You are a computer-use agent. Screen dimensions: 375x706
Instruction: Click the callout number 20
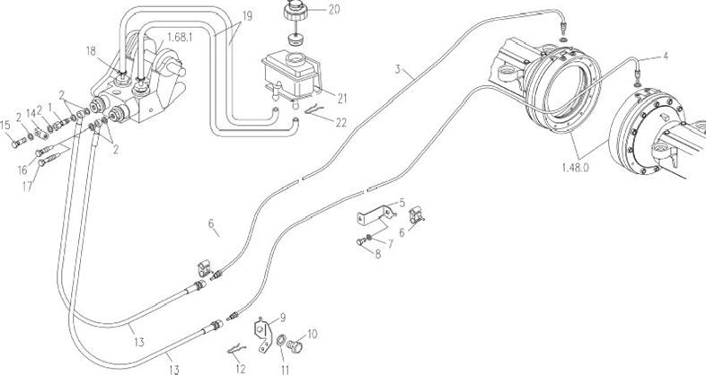[309, 11]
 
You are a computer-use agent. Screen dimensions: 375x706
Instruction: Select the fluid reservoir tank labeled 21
[288, 74]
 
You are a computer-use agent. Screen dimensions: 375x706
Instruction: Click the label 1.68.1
[181, 39]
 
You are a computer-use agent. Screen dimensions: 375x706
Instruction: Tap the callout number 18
[90, 51]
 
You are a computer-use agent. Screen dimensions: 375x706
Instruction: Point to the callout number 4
[665, 57]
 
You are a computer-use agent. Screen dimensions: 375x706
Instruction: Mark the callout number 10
[313, 333]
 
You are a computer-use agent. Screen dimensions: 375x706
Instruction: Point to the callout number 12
[239, 366]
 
